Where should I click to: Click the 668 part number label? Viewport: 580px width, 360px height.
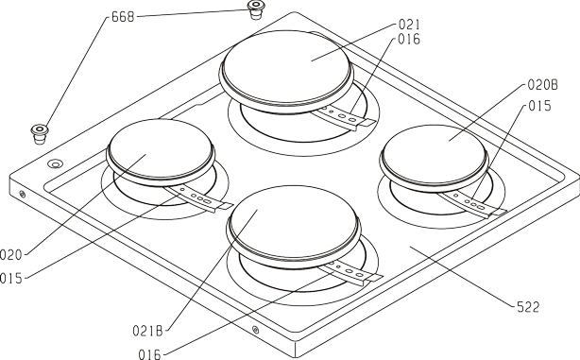pos(123,17)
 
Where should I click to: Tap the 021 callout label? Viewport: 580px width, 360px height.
pos(409,25)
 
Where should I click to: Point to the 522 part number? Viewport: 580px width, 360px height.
pos(528,307)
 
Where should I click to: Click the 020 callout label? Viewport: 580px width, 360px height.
pos(10,255)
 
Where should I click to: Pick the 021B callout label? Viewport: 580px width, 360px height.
pos(147,331)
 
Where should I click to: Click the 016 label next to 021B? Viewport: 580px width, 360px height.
pos(150,354)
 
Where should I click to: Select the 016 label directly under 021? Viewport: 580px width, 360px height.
pos(409,40)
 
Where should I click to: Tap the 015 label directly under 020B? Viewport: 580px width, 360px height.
pos(539,106)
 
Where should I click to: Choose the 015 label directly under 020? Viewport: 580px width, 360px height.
pos(10,278)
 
